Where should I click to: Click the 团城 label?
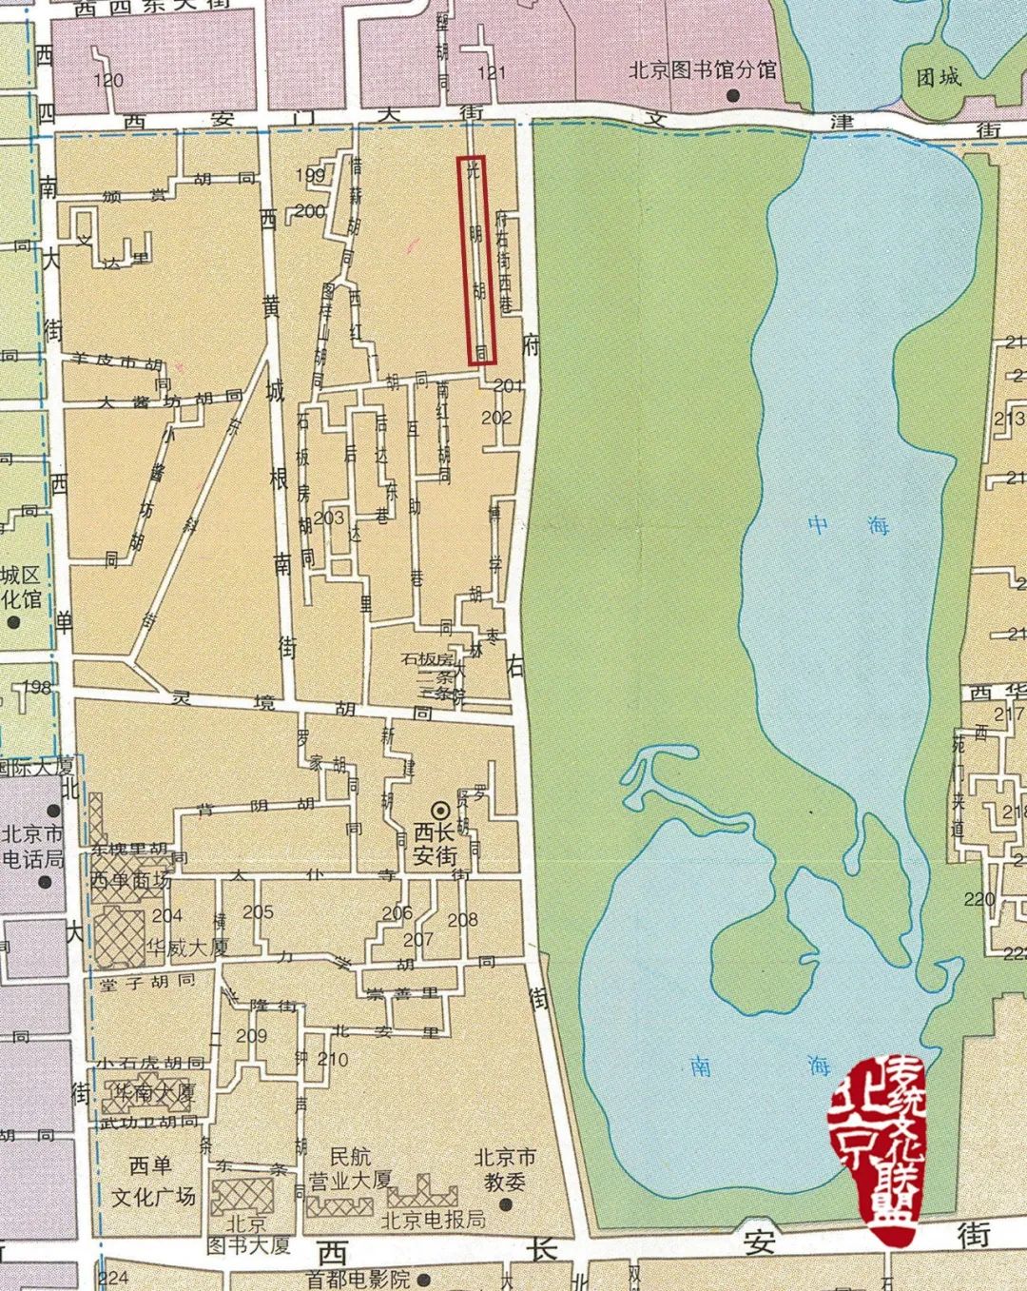click(x=939, y=77)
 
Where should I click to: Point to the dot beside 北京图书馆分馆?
click(x=733, y=95)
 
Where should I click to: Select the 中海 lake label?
click(x=848, y=524)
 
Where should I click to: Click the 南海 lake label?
click(x=760, y=1066)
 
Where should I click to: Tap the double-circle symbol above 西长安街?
click(x=440, y=811)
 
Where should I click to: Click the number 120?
click(x=108, y=80)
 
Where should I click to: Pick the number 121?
click(x=493, y=73)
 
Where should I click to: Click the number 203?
click(x=329, y=518)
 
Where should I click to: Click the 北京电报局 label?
click(x=433, y=1220)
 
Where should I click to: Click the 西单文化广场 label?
click(x=153, y=1181)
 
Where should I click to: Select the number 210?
click(x=333, y=1059)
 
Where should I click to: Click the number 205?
click(x=258, y=912)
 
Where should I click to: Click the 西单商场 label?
click(x=131, y=880)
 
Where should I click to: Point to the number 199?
click(x=310, y=175)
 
